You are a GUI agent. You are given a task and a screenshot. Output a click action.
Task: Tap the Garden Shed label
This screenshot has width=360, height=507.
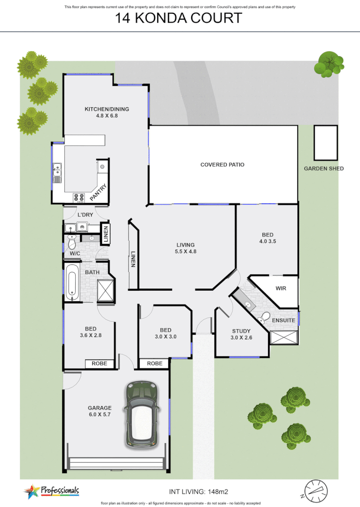point(324,169)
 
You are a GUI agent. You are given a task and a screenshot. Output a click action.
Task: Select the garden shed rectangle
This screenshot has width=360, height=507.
point(325,142)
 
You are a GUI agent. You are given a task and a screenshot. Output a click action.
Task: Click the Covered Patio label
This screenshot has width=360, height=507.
point(222,165)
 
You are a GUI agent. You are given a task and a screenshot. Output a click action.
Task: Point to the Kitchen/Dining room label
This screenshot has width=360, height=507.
point(107,112)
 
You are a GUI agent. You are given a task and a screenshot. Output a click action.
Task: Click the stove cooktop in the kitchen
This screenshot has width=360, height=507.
point(79,197)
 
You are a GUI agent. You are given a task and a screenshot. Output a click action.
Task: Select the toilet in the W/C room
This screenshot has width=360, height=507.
point(72,243)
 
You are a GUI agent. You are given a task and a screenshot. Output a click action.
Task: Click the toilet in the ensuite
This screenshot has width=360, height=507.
point(264,318)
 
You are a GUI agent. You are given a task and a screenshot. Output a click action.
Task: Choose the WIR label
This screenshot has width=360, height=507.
point(281,289)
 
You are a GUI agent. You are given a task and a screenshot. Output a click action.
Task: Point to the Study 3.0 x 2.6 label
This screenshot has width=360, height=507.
point(241,335)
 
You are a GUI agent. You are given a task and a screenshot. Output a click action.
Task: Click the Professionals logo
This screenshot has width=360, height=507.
point(51,490)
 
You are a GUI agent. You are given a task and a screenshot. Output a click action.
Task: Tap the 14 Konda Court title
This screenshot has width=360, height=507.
point(179,19)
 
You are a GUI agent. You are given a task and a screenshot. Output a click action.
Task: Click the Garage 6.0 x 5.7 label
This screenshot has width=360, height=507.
point(100,411)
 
